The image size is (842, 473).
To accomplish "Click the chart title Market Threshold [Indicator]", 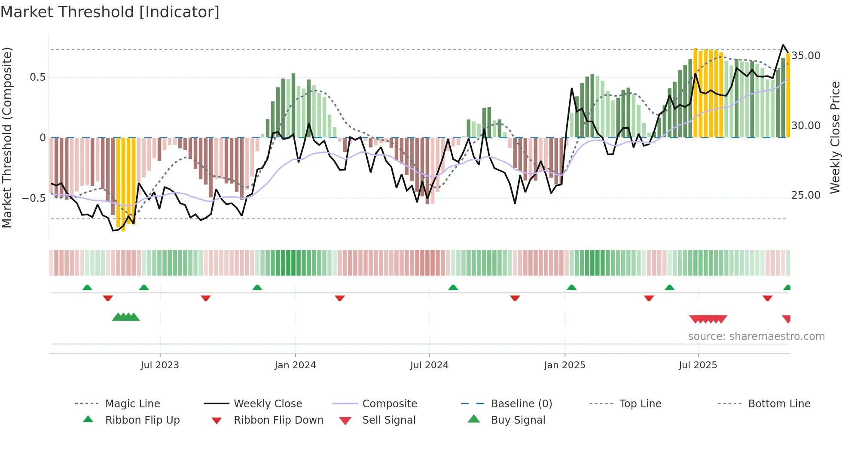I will (x=110, y=12).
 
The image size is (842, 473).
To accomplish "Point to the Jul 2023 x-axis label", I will (x=159, y=365).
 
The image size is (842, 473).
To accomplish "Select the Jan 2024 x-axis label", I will (x=295, y=365).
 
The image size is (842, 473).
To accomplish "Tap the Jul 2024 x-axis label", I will (x=429, y=365).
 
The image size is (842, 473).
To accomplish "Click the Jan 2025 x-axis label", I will (x=564, y=365).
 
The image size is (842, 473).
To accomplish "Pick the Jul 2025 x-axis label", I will (x=698, y=365).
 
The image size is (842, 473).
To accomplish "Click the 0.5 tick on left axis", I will (x=37, y=77).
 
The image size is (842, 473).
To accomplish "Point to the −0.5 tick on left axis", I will (x=34, y=198).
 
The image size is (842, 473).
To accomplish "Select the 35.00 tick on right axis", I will (x=806, y=56).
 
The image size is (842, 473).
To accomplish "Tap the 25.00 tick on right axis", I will (x=806, y=195).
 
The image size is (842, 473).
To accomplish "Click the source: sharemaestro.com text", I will (x=756, y=337).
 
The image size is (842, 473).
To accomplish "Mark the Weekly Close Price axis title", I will (x=835, y=137).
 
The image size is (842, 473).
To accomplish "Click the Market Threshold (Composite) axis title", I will (x=7, y=137).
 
